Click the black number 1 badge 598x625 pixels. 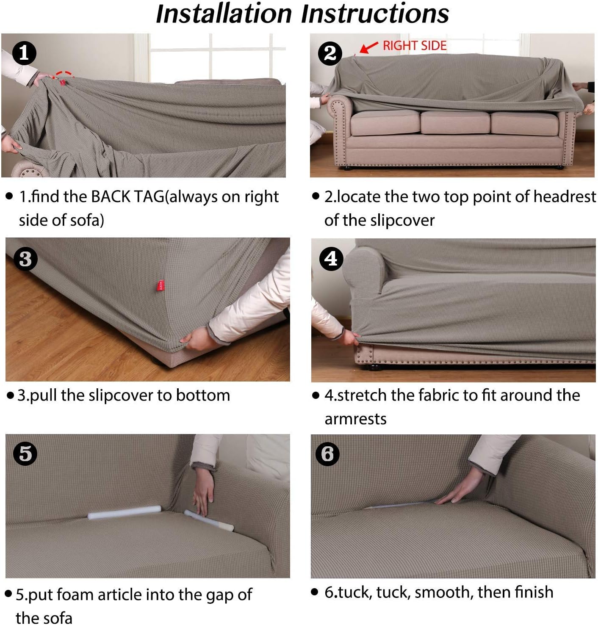24,53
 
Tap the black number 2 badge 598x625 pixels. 330,53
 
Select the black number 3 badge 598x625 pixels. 26,259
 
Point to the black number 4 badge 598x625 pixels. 332,259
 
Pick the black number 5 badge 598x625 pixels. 25,454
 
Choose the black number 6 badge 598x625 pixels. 327,454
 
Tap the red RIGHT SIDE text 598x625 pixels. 415,46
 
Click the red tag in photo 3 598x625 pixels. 161,285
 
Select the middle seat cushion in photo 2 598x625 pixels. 455,122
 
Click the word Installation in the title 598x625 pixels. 224,14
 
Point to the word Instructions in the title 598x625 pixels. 375,14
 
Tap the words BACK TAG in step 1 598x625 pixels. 127,196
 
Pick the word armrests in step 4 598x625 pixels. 355,419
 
